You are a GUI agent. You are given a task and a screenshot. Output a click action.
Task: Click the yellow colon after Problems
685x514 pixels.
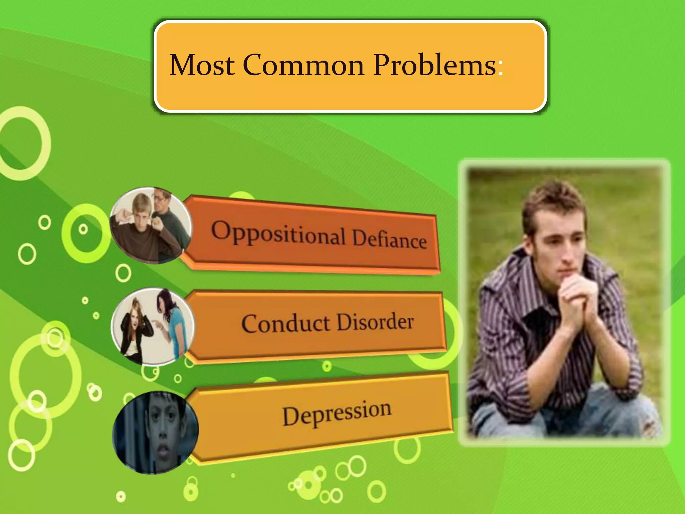pos(500,67)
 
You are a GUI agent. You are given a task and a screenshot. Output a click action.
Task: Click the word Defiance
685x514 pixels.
pos(390,239)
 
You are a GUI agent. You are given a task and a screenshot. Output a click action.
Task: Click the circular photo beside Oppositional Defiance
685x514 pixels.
pos(151,225)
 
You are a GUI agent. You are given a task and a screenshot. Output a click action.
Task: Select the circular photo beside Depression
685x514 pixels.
pos(156,432)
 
